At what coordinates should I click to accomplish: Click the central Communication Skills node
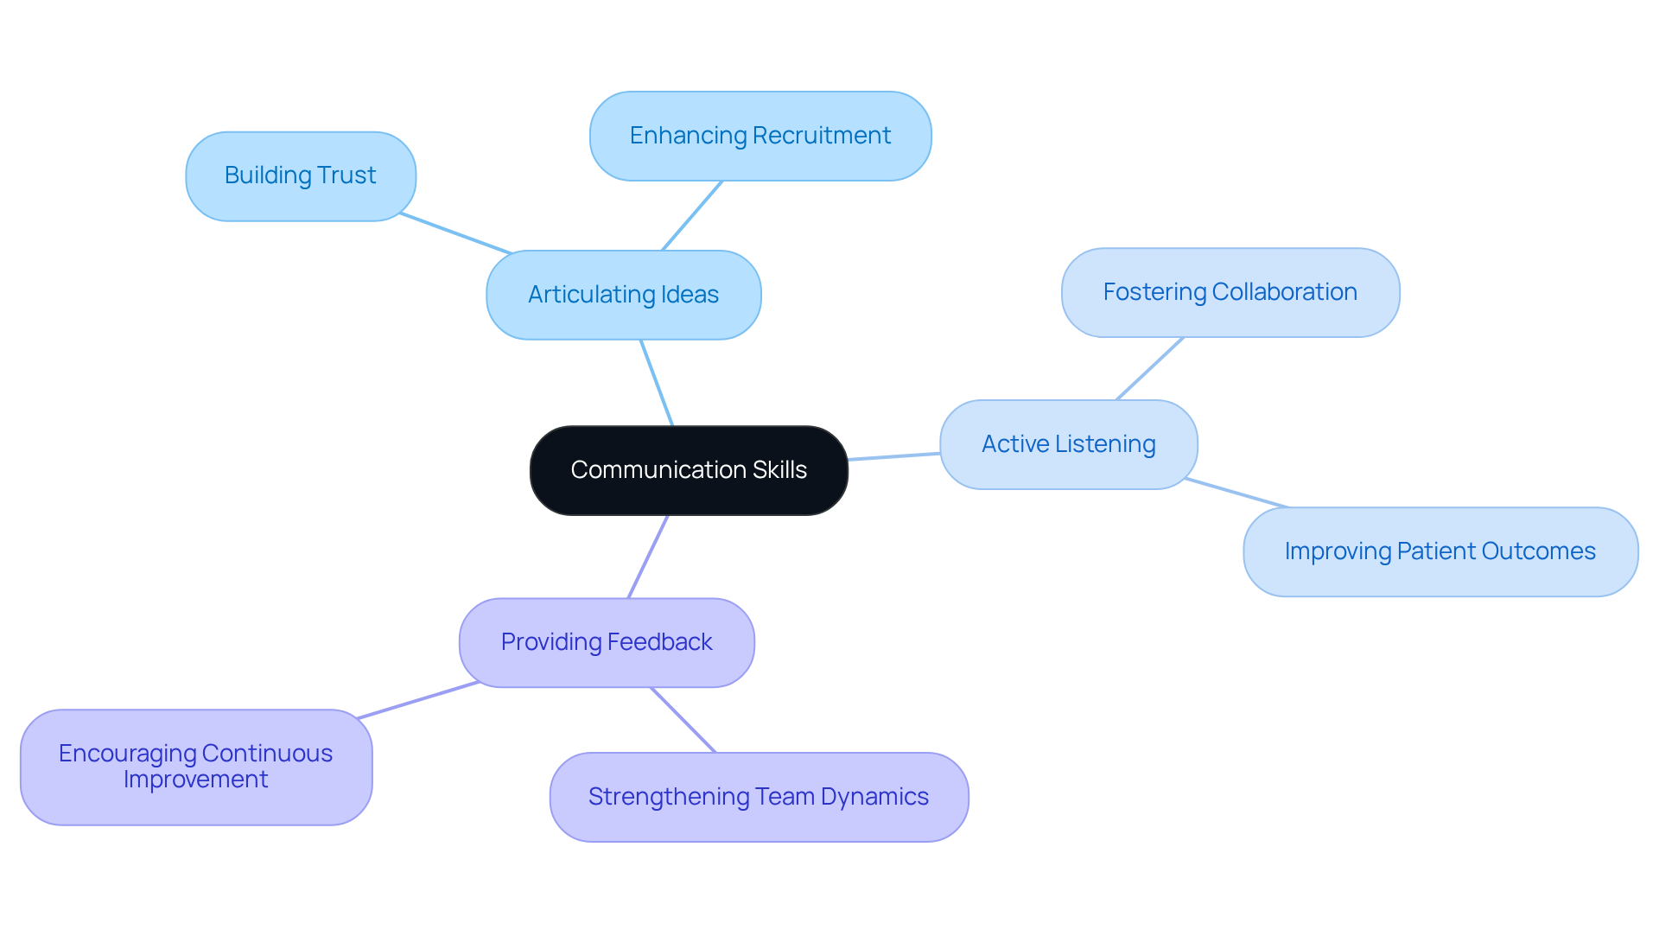click(x=689, y=470)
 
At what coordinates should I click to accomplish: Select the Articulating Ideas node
click(x=623, y=295)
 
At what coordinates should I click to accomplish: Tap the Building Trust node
click(x=300, y=175)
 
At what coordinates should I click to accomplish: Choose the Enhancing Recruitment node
click(x=760, y=136)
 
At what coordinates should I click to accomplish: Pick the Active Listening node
click(x=1068, y=444)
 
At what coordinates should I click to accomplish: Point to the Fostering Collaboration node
click(x=1230, y=292)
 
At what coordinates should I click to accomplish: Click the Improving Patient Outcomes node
click(x=1440, y=551)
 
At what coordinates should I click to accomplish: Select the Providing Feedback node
click(x=606, y=642)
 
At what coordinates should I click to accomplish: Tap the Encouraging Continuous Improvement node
click(x=196, y=767)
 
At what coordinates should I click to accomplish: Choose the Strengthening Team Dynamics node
click(x=758, y=797)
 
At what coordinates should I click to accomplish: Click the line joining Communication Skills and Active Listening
click(x=893, y=456)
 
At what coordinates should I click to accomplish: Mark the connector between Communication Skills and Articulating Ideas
click(x=656, y=382)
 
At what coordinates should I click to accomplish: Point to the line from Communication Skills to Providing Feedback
click(x=648, y=557)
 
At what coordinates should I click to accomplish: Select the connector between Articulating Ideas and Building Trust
click(x=455, y=233)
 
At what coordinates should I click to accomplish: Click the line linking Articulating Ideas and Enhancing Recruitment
click(x=691, y=216)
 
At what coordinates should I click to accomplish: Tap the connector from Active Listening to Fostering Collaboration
click(x=1149, y=369)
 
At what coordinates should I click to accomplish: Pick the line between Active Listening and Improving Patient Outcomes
click(x=1236, y=493)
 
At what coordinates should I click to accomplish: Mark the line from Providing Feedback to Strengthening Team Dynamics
click(x=683, y=720)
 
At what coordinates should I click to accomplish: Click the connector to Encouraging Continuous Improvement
click(x=418, y=700)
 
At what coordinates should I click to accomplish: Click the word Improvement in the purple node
click(x=196, y=780)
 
